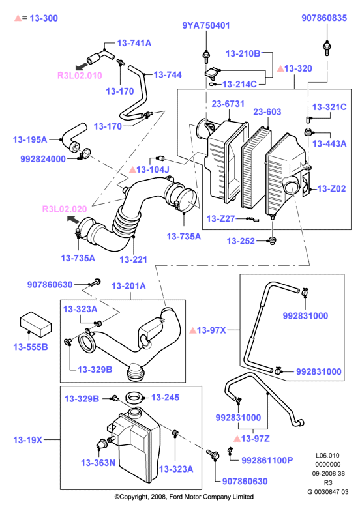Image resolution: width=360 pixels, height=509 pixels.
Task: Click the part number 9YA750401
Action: click(206, 25)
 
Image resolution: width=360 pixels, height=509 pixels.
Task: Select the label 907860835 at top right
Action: click(324, 18)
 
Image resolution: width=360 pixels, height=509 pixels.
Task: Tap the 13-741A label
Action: click(134, 43)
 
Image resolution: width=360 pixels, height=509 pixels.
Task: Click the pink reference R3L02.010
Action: click(80, 76)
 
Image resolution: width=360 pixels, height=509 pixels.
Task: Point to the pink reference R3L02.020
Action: click(65, 209)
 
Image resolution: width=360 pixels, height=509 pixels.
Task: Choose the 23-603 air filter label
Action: click(267, 112)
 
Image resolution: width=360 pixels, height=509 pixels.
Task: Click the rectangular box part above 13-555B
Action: click(36, 325)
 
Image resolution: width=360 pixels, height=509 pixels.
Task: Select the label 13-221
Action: click(134, 259)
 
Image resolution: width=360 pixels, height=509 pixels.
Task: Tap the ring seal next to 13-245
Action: click(134, 398)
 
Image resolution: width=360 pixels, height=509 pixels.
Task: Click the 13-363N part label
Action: click(98, 463)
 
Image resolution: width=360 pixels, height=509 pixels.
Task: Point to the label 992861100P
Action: click(267, 460)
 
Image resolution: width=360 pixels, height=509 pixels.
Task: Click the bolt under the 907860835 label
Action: click(327, 48)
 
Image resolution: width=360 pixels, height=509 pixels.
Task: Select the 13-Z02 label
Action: click(331, 188)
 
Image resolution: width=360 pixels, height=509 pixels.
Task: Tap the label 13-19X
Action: click(28, 440)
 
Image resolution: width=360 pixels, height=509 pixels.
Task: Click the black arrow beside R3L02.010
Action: click(82, 66)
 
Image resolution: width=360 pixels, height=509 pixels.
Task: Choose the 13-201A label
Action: click(128, 286)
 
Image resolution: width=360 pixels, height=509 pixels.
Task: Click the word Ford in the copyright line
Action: click(177, 497)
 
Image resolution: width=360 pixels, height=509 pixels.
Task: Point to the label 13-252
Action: click(241, 241)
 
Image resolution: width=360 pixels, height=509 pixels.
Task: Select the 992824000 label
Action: click(43, 159)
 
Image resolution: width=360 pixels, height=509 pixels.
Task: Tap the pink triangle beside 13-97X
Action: click(192, 330)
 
